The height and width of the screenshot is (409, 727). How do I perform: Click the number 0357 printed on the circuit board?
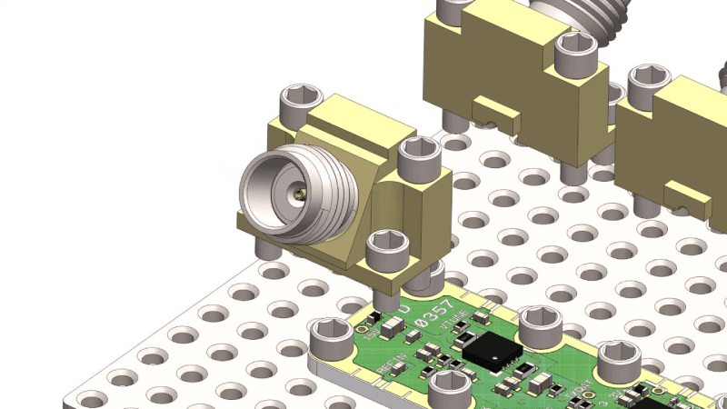(x=433, y=318)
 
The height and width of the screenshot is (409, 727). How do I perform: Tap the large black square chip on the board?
(x=492, y=352)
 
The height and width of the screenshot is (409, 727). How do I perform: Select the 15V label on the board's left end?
(x=371, y=333)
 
